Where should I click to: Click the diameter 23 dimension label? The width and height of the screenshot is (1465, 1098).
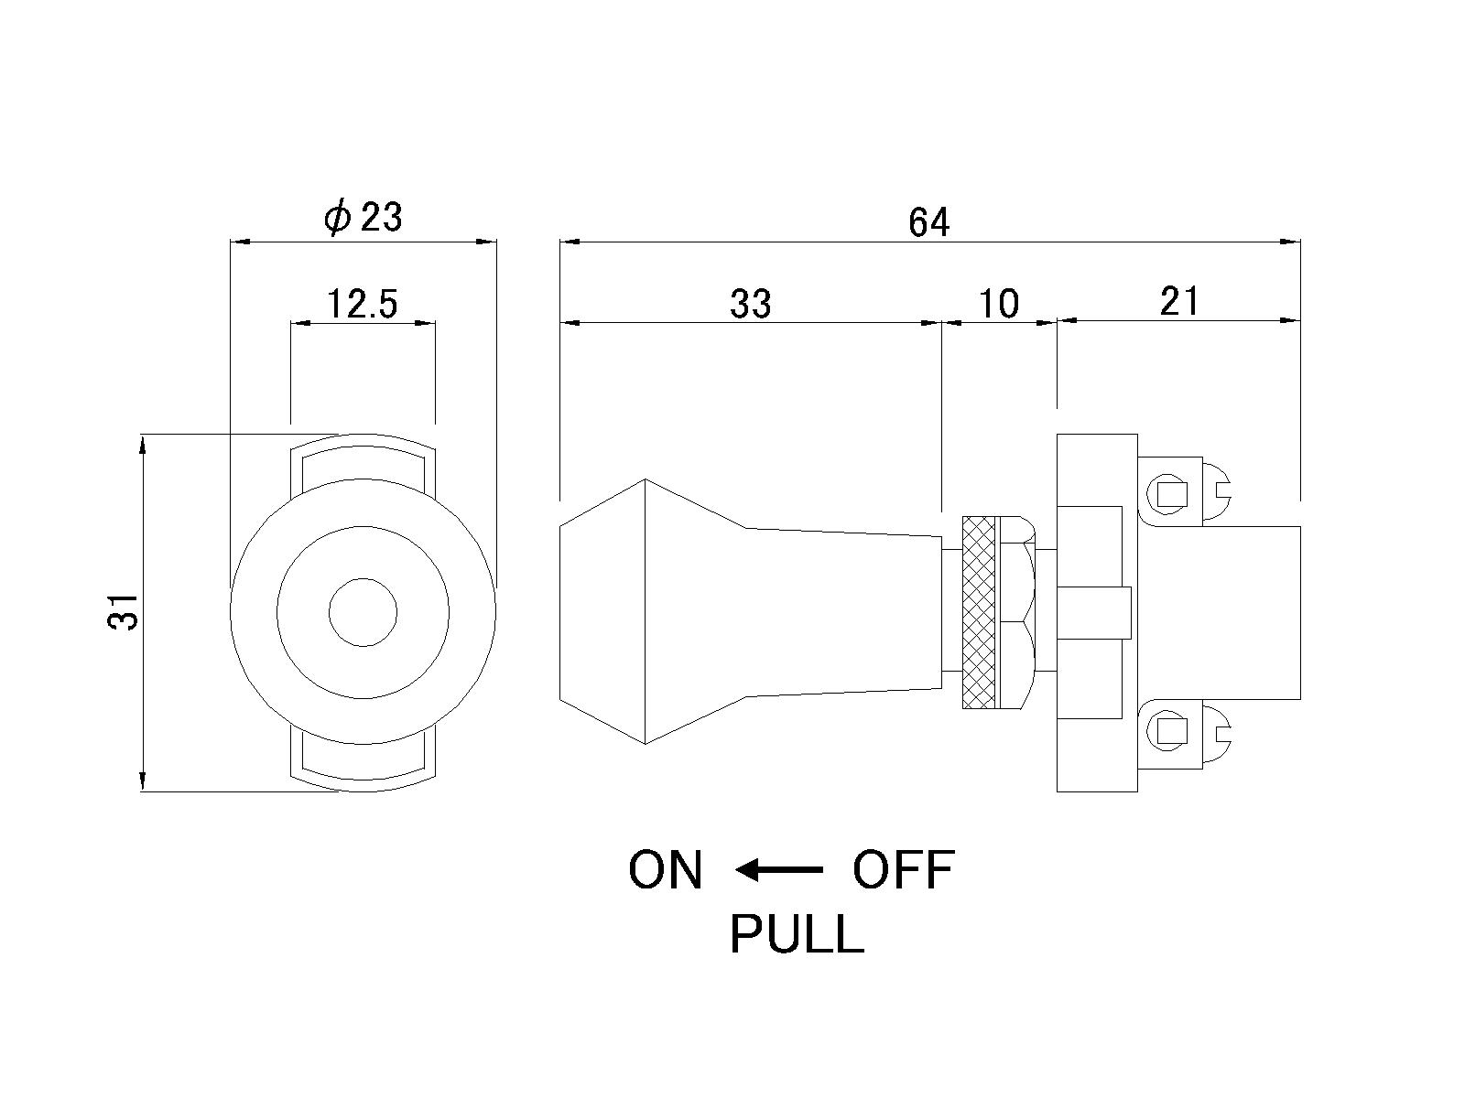click(364, 218)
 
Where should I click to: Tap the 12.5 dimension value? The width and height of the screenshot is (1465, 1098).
click(363, 304)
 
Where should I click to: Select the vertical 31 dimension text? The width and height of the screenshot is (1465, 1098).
click(124, 611)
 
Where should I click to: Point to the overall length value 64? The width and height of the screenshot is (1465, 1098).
click(929, 222)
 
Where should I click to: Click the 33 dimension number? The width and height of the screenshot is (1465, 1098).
click(751, 304)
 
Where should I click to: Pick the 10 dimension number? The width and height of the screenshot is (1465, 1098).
click(999, 304)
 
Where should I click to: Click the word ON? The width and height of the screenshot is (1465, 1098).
click(666, 870)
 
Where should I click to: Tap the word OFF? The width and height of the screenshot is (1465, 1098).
click(904, 870)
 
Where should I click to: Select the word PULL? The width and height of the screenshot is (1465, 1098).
click(797, 935)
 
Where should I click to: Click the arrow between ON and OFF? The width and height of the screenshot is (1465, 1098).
click(779, 870)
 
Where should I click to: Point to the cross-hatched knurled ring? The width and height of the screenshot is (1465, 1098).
click(979, 612)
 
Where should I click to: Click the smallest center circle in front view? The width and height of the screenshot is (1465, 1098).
click(363, 612)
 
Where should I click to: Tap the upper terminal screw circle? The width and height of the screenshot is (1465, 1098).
click(1170, 495)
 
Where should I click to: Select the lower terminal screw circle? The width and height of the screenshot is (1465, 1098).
click(1170, 731)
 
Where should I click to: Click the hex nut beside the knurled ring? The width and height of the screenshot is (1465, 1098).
click(1017, 612)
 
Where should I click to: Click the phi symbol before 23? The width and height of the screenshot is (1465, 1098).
click(337, 218)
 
